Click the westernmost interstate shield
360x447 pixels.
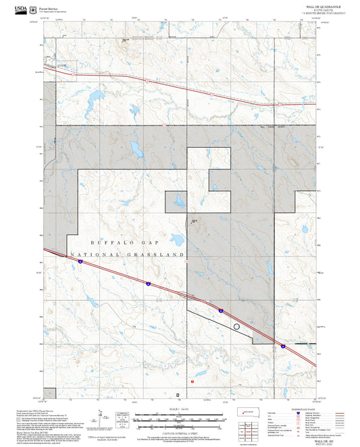click(80, 263)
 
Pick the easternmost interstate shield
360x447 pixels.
click(283, 346)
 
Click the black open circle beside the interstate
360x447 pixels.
click(236, 326)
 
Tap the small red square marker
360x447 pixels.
click(192, 382)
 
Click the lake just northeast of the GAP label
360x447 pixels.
click(178, 239)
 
